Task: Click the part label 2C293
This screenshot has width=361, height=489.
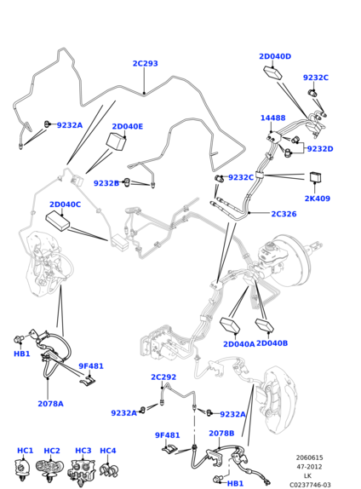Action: coord(146,63)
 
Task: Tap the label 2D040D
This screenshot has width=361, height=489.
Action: coord(275,56)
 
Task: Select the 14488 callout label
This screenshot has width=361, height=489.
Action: coord(272,118)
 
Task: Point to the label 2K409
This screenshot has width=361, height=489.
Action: coord(317,198)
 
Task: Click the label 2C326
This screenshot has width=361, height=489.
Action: coord(284,214)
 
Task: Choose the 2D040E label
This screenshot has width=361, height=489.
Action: coord(128,126)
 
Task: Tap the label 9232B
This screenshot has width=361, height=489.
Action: coord(106,183)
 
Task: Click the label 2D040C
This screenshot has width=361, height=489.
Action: coord(66,204)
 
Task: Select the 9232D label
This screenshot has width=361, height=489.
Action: coord(320,149)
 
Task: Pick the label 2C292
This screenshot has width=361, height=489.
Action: coord(163,377)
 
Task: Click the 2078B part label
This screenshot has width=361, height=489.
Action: coord(221,433)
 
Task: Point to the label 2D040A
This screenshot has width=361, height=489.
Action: coord(239,344)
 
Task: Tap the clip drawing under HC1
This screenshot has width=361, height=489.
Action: coord(22,469)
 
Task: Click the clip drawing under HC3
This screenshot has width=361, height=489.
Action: coord(82,471)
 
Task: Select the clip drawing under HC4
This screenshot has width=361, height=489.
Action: coord(109,470)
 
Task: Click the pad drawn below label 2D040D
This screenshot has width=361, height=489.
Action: coord(273,73)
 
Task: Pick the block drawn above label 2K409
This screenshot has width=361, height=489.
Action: coord(316,177)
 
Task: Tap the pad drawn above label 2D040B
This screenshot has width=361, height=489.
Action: coord(265,325)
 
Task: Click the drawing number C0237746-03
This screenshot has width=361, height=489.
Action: coord(310,485)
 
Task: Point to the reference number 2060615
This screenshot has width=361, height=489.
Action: coord(309,457)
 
